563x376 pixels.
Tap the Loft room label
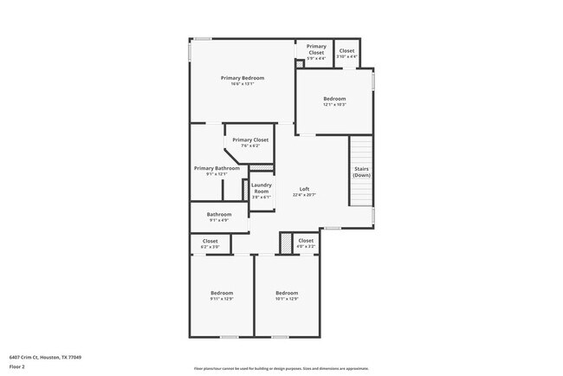click(304, 189)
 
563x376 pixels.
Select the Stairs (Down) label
click(361, 172)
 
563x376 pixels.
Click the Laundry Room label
click(262, 187)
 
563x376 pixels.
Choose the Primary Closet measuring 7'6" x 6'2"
click(250, 139)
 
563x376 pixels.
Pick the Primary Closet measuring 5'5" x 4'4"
click(316, 49)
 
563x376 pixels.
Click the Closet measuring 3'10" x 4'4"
click(346, 51)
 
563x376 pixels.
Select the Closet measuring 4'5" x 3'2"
click(306, 241)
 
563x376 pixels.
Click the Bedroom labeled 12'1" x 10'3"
click(334, 99)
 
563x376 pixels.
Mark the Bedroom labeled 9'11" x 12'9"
click(222, 293)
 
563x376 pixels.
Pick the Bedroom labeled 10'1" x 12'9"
click(287, 293)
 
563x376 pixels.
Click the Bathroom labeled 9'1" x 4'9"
click(219, 214)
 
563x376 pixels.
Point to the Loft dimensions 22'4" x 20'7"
click(304, 195)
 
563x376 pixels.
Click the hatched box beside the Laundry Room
click(268, 166)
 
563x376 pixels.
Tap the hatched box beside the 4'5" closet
click(285, 243)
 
